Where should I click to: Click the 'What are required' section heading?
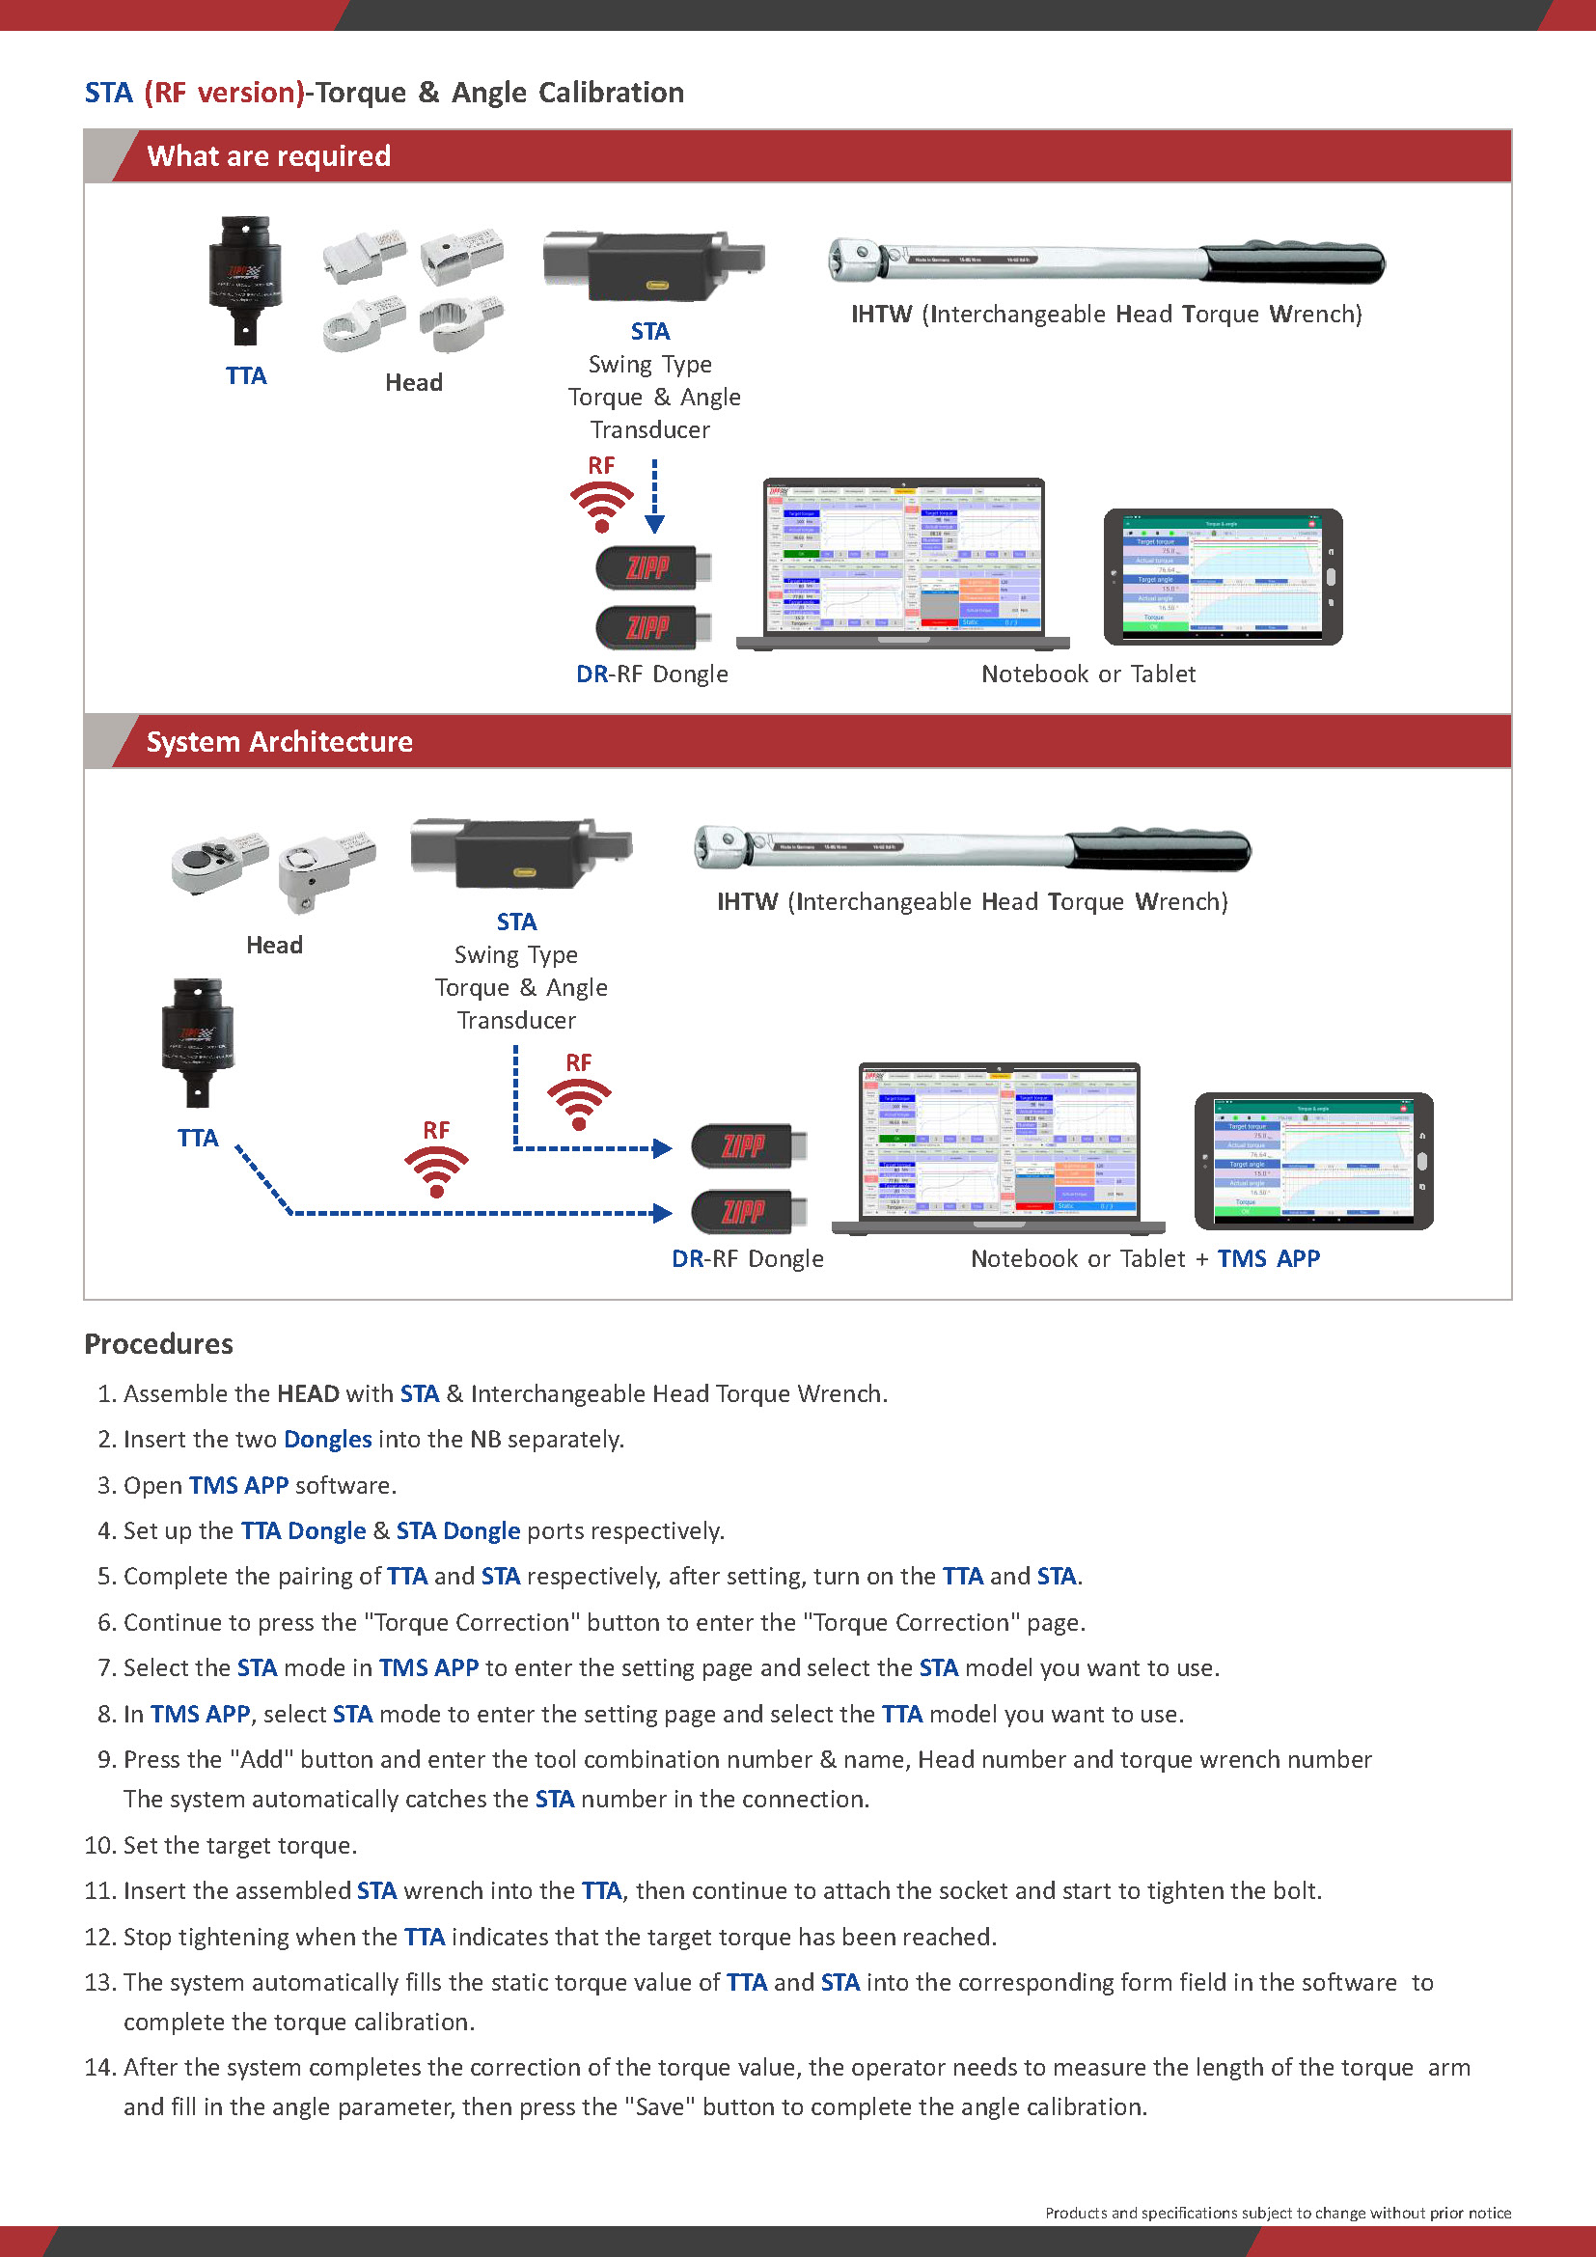pyautogui.click(x=268, y=156)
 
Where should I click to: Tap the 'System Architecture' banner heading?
pyautogui.click(x=279, y=741)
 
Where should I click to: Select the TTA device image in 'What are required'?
pyautogui.click(x=245, y=280)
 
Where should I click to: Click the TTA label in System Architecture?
pyautogui.click(x=198, y=1138)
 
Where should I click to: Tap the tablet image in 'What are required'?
pyautogui.click(x=1224, y=577)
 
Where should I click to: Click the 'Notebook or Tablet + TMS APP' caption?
pyautogui.click(x=1145, y=1258)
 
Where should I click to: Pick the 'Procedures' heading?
pyautogui.click(x=159, y=1344)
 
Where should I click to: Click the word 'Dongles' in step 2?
pyautogui.click(x=327, y=1439)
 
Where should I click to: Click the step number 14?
pyautogui.click(x=100, y=2067)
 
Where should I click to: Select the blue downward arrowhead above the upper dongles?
pyautogui.click(x=654, y=524)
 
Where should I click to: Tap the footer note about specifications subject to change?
pyautogui.click(x=1278, y=2212)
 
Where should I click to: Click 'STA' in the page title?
pyautogui.click(x=108, y=93)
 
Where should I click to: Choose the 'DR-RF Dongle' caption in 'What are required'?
pyautogui.click(x=651, y=674)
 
